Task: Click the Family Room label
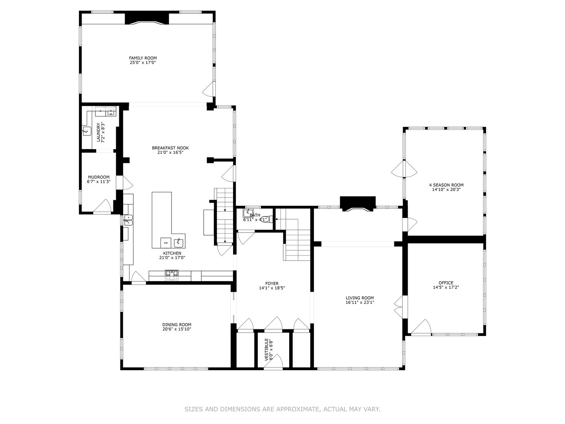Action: point(143,58)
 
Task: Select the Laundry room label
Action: point(98,130)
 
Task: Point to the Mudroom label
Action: point(98,177)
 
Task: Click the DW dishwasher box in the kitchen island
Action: point(166,243)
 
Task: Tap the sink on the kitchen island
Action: point(179,241)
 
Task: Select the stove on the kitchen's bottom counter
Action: point(171,276)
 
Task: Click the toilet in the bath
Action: point(266,219)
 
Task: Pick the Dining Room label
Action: point(177,325)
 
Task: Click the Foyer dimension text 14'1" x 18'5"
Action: point(272,288)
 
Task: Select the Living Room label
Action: point(359,298)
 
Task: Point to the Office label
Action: point(446,283)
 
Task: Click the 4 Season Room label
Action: point(446,185)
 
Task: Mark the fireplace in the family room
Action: point(147,19)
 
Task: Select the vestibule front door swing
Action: point(273,362)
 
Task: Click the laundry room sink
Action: point(87,131)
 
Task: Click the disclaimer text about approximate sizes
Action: point(282,409)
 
